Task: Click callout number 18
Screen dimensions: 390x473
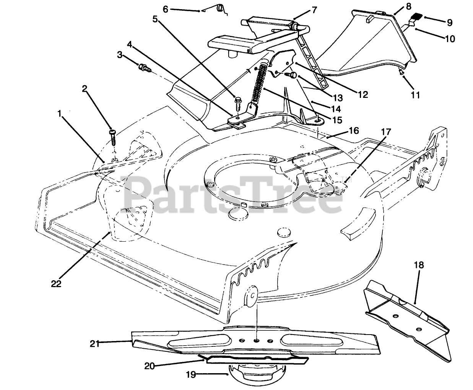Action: (419, 265)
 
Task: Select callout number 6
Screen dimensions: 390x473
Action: (166, 9)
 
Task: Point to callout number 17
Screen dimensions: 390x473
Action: (385, 132)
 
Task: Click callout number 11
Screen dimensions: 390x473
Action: (416, 94)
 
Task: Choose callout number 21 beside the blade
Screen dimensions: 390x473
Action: (95, 343)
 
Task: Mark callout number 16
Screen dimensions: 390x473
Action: (354, 131)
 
